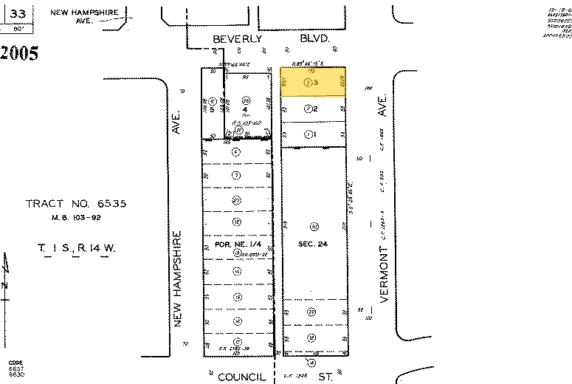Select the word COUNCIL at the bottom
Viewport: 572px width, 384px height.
click(241, 377)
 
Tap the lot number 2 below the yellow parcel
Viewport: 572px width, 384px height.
click(315, 109)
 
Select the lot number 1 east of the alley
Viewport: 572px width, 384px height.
click(315, 134)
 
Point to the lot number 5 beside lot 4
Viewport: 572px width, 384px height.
click(212, 109)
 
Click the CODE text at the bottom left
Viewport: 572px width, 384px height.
click(15, 363)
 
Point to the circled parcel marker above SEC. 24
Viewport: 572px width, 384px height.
click(314, 226)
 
